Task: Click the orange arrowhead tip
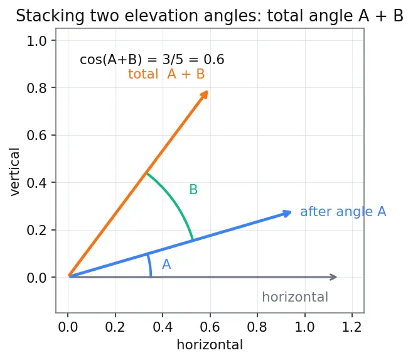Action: point(208,91)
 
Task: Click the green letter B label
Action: point(193,190)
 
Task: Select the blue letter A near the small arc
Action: point(166,265)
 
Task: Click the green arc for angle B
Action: point(176,200)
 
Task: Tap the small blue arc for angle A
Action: point(150,265)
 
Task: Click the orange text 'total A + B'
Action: point(166,74)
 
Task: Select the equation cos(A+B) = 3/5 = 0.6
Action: point(152,60)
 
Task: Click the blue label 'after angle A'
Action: point(343,212)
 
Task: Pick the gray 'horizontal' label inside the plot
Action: point(295,297)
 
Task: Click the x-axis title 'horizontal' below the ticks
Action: point(210,345)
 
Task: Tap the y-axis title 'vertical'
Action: point(14,172)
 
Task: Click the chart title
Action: point(210,16)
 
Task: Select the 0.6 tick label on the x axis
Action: point(210,327)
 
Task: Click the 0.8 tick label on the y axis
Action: point(36,88)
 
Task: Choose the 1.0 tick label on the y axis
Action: point(36,41)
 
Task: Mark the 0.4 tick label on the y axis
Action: point(36,182)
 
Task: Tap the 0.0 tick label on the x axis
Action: point(68,327)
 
